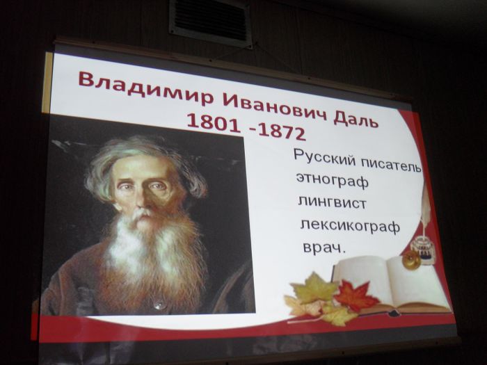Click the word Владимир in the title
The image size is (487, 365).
(x=146, y=88)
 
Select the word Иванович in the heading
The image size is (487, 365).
(x=276, y=107)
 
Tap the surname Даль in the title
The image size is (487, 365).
(x=356, y=119)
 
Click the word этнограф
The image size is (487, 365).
(x=333, y=181)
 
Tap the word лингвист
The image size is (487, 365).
(x=333, y=203)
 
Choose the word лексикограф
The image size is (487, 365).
(x=350, y=226)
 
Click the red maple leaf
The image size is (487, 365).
(x=356, y=295)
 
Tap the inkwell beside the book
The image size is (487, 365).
(x=423, y=248)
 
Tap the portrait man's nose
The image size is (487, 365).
(x=141, y=199)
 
